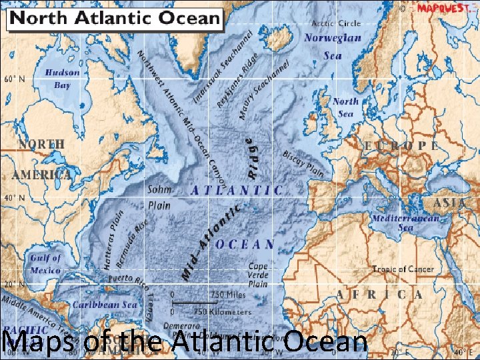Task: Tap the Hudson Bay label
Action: (62, 79)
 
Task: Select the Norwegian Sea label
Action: (333, 45)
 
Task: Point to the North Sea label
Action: (345, 107)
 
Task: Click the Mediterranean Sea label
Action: (405, 223)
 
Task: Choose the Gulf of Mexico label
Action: (45, 264)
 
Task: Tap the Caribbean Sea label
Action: (105, 304)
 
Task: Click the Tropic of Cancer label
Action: (403, 269)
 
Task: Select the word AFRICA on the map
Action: (379, 294)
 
